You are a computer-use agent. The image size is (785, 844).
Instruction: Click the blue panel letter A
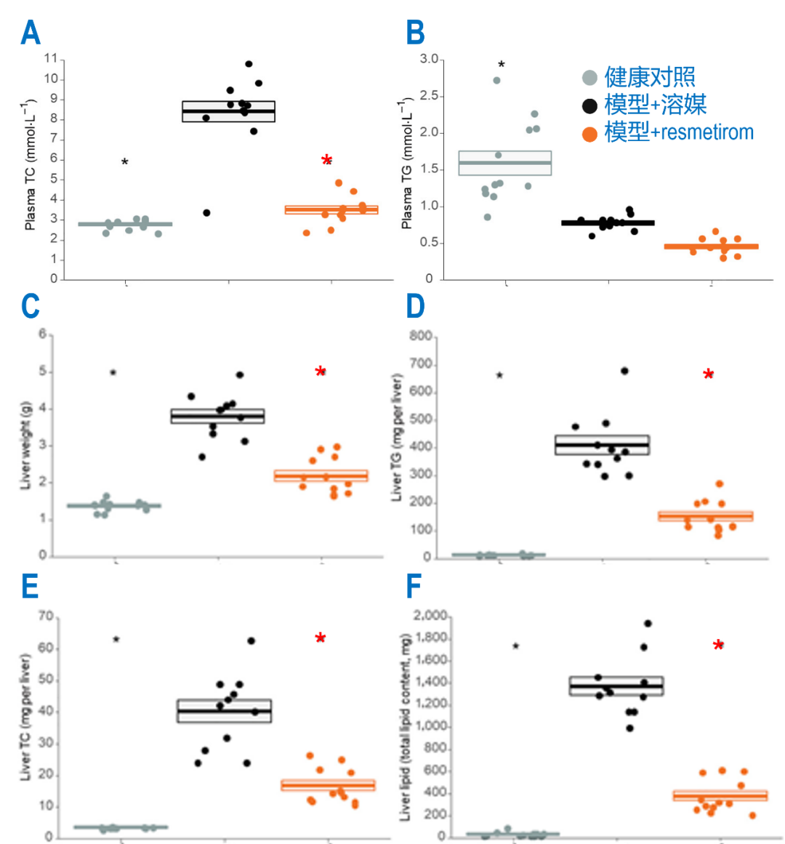click(x=31, y=33)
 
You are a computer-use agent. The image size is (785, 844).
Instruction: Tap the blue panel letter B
click(x=415, y=33)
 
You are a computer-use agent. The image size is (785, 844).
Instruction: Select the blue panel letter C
click(x=31, y=306)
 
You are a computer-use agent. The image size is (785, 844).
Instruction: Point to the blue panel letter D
click(x=415, y=306)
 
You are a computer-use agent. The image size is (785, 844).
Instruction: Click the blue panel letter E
click(x=30, y=586)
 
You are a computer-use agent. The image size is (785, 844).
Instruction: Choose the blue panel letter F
click(x=414, y=586)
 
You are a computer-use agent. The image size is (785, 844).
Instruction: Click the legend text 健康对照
click(x=650, y=77)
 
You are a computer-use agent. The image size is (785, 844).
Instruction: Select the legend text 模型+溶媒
click(x=655, y=105)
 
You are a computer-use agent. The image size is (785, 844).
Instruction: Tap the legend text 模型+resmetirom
click(x=679, y=132)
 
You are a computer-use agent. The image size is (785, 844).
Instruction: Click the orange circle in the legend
click(x=589, y=134)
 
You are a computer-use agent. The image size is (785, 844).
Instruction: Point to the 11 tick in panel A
click(x=50, y=59)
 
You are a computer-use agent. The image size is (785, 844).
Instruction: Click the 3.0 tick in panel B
click(x=429, y=59)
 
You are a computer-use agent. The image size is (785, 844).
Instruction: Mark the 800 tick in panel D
click(x=422, y=337)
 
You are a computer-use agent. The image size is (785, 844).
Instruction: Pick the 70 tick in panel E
click(x=46, y=616)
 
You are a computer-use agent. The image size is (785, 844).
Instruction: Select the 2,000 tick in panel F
click(x=430, y=616)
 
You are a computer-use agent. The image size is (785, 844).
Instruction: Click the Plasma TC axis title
click(x=31, y=164)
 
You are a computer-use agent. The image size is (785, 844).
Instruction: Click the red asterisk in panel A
click(x=327, y=161)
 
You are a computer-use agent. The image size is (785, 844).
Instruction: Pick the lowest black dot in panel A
click(x=206, y=213)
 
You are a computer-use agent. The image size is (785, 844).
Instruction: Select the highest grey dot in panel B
click(x=497, y=81)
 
